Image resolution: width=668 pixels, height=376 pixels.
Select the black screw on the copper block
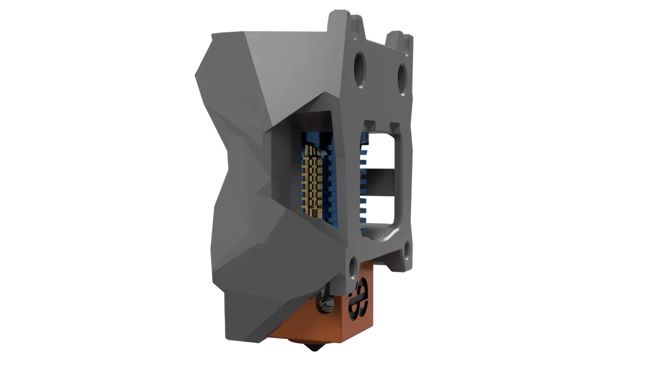(325, 303)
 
